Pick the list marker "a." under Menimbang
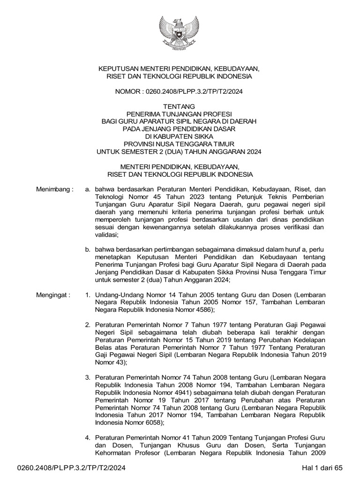tap(87, 189)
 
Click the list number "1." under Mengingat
tap(87, 296)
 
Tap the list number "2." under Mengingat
tap(87, 325)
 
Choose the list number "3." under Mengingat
tap(87, 377)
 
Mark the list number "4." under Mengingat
tap(87, 437)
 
